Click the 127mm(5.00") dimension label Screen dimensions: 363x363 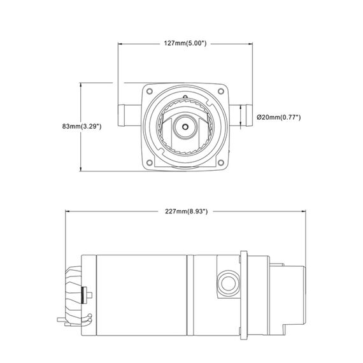tap(184, 43)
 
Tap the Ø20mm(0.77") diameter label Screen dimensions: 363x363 tap(278, 117)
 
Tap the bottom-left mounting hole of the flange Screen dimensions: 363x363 tap(150, 160)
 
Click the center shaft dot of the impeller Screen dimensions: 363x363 tap(184, 126)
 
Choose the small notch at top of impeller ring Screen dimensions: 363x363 tap(184, 97)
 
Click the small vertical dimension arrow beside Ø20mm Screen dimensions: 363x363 tap(246, 117)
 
